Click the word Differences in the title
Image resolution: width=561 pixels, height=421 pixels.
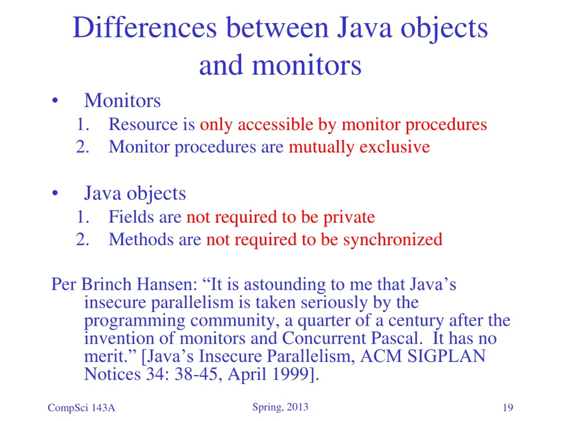click(x=145, y=28)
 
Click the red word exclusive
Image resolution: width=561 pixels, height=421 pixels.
click(x=395, y=147)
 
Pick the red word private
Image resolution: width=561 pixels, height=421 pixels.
click(x=349, y=217)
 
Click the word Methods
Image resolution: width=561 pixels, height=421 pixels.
click(x=141, y=239)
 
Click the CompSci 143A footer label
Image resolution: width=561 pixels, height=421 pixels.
click(x=82, y=408)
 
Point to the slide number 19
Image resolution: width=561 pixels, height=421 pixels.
click(x=508, y=408)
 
